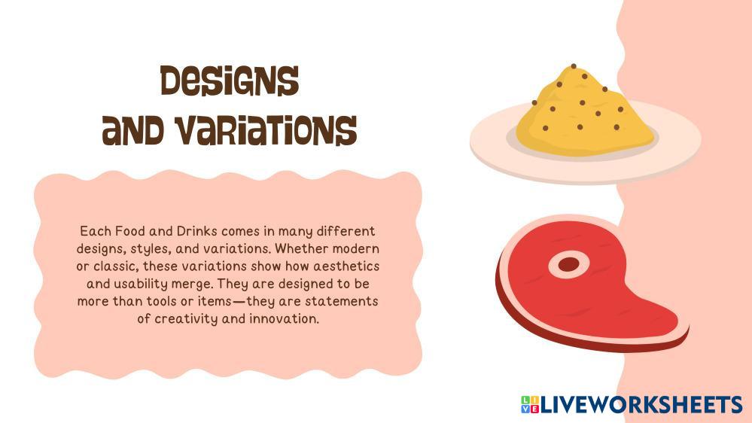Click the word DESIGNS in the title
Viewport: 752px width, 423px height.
230,81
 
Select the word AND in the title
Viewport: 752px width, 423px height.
133,131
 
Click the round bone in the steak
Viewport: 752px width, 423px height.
568,264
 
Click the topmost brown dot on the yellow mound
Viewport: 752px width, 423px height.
573,66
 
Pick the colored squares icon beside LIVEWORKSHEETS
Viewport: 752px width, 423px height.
529,404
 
